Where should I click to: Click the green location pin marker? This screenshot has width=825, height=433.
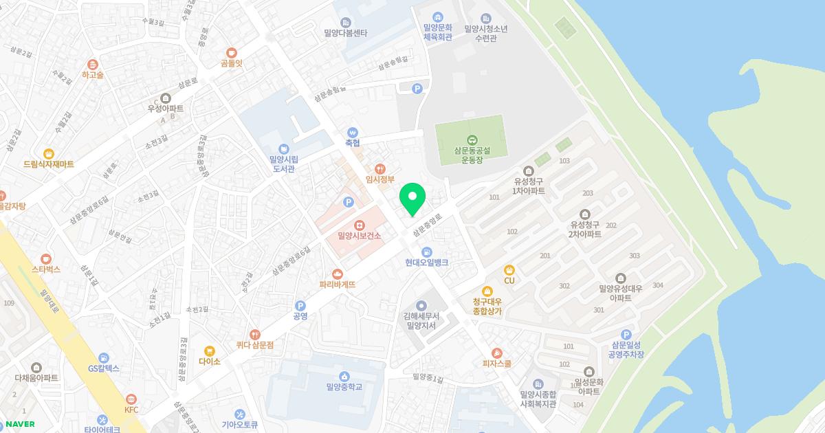tap(412, 199)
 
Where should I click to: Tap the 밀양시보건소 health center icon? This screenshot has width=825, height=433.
tap(359, 225)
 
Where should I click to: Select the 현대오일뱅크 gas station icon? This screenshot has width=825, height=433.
tap(427, 252)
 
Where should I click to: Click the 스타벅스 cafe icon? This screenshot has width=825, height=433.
tap(46, 258)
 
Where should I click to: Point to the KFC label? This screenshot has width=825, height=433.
tap(131, 410)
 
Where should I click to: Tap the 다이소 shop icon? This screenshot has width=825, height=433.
tap(210, 351)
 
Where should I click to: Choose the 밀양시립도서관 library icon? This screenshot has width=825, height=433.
tap(283, 148)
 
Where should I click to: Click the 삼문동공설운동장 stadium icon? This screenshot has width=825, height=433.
tap(472, 140)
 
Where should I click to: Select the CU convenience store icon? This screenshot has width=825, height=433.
tap(509, 269)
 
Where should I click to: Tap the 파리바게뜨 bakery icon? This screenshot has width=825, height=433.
tap(337, 274)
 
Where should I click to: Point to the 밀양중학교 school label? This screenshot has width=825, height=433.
tap(344, 386)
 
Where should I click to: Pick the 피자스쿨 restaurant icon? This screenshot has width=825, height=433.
tap(497, 353)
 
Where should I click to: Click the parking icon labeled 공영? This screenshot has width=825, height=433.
tap(300, 306)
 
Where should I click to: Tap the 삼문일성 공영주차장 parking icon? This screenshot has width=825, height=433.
tap(626, 334)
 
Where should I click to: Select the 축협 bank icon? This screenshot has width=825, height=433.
tap(353, 133)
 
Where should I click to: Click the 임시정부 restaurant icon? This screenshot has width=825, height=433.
tap(379, 168)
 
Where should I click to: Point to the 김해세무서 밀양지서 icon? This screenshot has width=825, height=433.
tap(421, 305)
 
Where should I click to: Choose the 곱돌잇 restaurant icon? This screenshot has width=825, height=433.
tap(232, 52)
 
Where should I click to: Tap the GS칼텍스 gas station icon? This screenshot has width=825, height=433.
tap(104, 357)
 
